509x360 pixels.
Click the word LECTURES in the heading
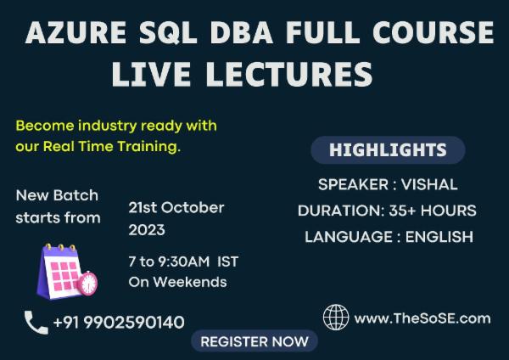point(282,73)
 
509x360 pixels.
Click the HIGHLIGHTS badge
point(388,150)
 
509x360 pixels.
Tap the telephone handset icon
point(36,322)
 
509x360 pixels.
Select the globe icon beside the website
point(336,318)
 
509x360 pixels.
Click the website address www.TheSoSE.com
point(422,318)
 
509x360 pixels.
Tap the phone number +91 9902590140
point(118,323)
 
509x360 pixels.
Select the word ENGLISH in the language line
point(439,237)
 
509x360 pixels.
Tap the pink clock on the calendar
point(87,283)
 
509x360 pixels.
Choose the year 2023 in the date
point(147,230)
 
